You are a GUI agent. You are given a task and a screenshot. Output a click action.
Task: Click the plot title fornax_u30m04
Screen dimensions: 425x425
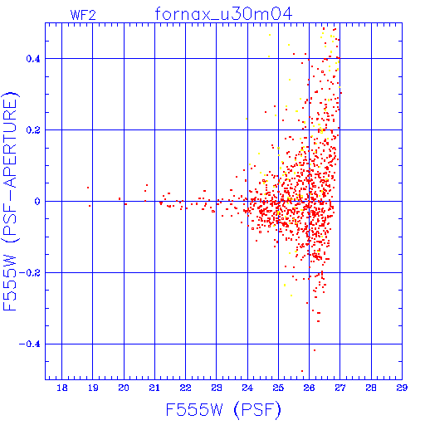[x=223, y=14]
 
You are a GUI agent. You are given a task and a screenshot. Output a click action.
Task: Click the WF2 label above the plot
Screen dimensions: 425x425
[x=83, y=15]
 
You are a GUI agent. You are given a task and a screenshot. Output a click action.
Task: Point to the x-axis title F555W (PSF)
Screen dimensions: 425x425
[x=223, y=410]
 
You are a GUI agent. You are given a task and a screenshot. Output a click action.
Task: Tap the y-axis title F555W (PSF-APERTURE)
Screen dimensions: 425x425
[x=10, y=201]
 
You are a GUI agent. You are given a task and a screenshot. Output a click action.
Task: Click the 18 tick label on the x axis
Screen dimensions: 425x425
[x=62, y=388]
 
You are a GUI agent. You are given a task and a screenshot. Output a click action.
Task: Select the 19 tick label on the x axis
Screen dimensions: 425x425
[x=93, y=388]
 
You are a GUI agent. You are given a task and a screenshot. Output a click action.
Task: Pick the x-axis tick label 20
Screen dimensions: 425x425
[x=124, y=388]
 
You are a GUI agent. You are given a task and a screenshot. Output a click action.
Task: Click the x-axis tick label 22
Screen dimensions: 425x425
[x=185, y=388]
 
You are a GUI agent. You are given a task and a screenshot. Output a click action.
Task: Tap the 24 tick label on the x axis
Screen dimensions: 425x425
[x=247, y=388]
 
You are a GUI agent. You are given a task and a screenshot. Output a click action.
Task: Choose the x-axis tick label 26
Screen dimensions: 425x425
[x=309, y=388]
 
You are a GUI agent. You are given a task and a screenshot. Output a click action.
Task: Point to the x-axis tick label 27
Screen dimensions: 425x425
[x=340, y=388]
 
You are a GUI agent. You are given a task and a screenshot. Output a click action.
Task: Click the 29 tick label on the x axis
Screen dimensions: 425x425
[x=402, y=388]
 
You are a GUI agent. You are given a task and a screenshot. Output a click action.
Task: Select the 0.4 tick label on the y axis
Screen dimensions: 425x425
[x=33, y=59]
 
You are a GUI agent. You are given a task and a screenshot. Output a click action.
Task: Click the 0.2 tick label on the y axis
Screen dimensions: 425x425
[x=33, y=130]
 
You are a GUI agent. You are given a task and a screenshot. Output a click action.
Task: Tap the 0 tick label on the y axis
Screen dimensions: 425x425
[x=37, y=202]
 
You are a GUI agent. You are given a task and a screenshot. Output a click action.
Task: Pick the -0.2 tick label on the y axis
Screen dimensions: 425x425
[x=30, y=273]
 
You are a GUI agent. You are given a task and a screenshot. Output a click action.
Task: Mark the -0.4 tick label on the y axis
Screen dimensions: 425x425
[x=30, y=344]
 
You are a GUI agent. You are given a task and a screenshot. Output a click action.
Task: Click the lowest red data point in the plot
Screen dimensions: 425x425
[x=302, y=371]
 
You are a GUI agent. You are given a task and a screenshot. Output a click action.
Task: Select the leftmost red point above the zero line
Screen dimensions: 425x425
[x=88, y=188]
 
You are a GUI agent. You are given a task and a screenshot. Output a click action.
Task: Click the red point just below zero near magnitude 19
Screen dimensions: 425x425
[x=90, y=206]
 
